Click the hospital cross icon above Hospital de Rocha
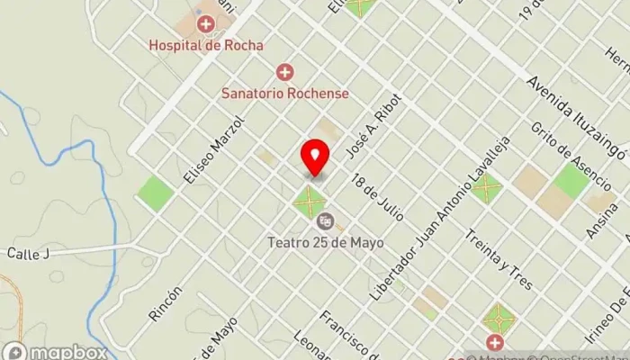tap(206, 23)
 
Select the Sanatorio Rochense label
tap(285, 92)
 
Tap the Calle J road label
tap(27, 254)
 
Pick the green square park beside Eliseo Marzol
tap(156, 193)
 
